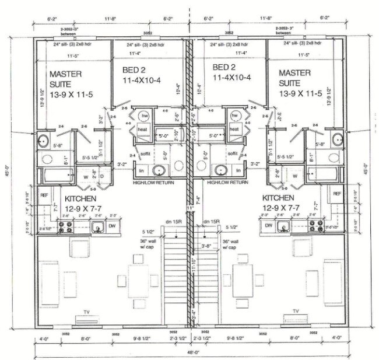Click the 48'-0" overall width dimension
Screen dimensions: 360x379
pos(190,352)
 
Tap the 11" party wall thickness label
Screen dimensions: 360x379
pos(190,208)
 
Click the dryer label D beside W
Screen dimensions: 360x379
pos(101,176)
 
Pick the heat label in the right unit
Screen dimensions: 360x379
pos(234,129)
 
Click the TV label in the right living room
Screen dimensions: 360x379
pos(296,311)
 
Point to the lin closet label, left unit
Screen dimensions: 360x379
pos(141,170)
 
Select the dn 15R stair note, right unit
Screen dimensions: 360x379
pos(211,222)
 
